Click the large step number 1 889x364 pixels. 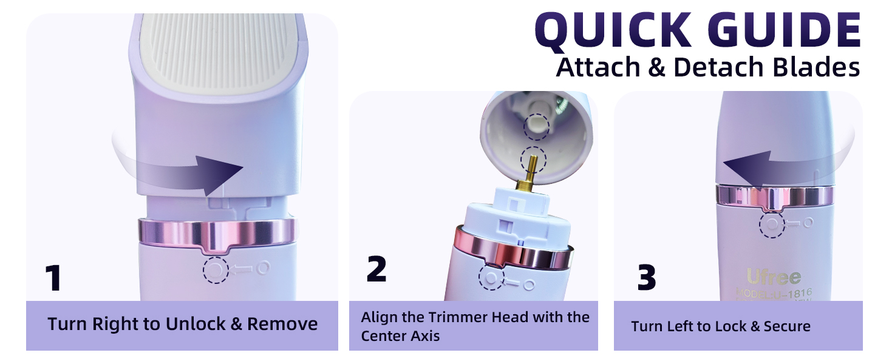[54, 278]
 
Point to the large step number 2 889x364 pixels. [376, 269]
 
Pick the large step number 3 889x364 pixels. [647, 278]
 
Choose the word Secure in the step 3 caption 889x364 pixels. [787, 326]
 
